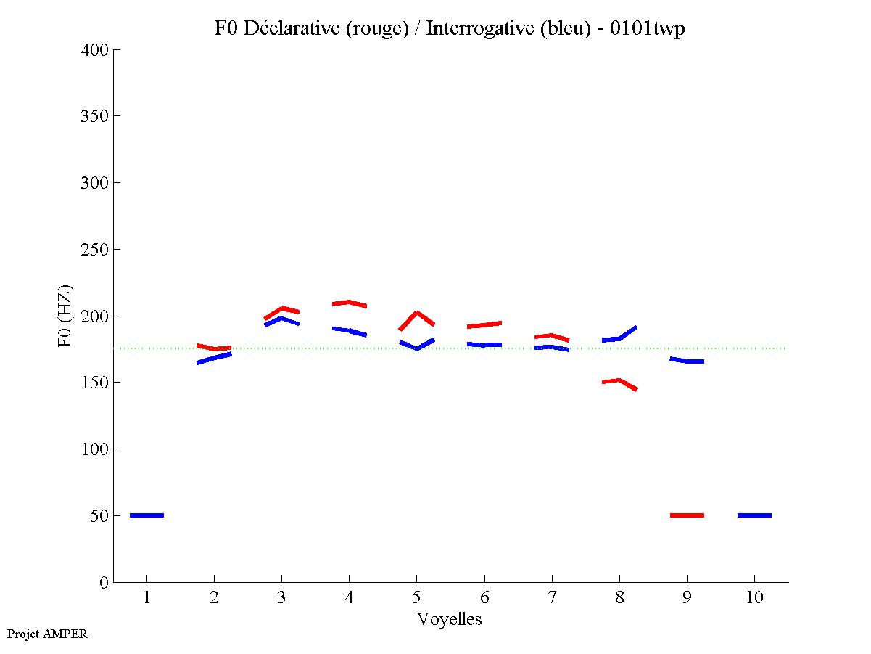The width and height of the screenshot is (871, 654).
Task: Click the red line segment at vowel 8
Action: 619,380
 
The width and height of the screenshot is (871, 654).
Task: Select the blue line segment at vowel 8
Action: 619,338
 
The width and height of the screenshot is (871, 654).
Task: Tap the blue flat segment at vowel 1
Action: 146,515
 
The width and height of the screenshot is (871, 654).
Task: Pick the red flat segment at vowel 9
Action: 687,515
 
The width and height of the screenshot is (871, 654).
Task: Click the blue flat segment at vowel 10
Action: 754,515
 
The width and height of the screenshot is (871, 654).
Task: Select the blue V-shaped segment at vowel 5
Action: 417,348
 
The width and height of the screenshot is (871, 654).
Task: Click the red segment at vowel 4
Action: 349,302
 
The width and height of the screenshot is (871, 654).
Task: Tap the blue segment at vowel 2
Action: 214,357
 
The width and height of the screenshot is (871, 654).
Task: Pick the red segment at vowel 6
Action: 484,324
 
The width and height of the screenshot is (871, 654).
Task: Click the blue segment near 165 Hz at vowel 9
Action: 687,361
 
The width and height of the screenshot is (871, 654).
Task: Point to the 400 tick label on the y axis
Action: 95,50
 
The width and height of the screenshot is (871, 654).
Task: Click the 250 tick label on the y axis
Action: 95,250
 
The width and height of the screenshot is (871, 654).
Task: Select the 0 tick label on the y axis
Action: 105,583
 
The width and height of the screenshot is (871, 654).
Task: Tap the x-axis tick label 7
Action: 552,599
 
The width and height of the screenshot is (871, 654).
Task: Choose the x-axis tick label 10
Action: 754,599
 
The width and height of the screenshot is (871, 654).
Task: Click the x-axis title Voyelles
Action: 450,619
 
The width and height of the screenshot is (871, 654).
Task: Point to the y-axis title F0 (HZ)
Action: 65,316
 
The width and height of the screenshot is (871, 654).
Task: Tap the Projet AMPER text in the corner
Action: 47,634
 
